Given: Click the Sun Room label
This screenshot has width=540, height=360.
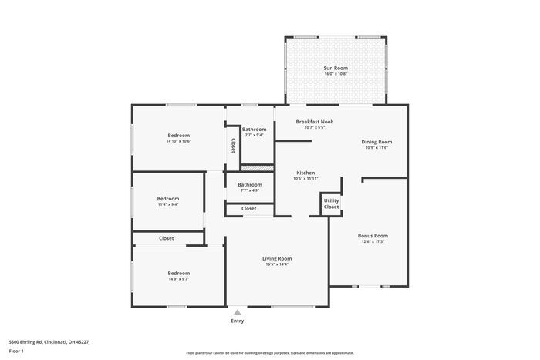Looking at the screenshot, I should (334, 68).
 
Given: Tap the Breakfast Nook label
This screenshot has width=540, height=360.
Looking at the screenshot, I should (315, 122).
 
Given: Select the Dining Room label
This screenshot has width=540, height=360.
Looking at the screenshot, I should (376, 142).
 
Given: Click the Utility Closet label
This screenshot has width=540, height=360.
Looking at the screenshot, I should (331, 204).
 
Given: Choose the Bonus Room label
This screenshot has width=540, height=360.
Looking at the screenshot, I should (372, 236).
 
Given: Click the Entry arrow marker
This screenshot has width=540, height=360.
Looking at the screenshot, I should (237, 312).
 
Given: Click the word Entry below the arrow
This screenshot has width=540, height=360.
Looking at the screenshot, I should (237, 321).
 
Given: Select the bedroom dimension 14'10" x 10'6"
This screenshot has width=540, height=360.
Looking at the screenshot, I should (178, 141).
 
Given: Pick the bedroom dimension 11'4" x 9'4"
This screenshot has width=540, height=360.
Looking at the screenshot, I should (167, 204).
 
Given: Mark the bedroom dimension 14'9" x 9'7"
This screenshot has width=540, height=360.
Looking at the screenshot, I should (178, 278).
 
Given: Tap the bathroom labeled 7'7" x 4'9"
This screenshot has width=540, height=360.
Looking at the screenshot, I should (249, 190).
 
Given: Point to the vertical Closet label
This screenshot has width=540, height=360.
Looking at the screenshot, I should (232, 145).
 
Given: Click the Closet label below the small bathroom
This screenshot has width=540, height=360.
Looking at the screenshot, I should (249, 209).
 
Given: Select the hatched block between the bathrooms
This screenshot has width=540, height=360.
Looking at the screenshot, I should (257, 167).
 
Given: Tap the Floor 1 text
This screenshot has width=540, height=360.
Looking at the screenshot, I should (16, 351).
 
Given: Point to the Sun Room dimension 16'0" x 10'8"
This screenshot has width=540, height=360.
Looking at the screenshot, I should (334, 74).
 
